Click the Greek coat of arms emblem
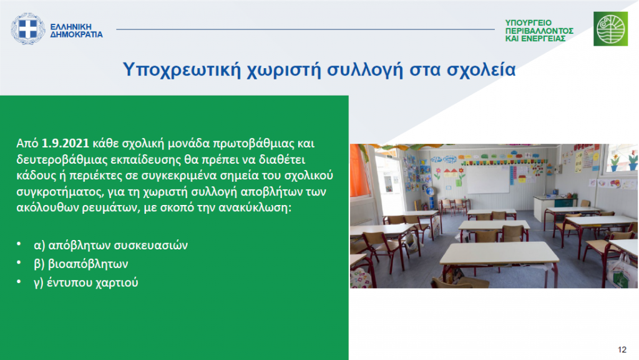click(x=27, y=29)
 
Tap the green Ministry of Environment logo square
click(x=610, y=29)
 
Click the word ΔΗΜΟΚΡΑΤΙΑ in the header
click(x=76, y=35)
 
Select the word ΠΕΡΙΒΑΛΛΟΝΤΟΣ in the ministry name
click(x=539, y=31)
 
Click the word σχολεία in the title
click(x=481, y=69)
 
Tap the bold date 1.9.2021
click(x=65, y=143)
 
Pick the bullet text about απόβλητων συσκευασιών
click(x=111, y=245)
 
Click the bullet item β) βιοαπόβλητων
click(x=80, y=264)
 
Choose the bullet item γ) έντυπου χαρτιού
click(x=86, y=282)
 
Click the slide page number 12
click(x=622, y=349)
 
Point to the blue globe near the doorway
click(x=429, y=191)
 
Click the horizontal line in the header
click(x=305, y=29)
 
